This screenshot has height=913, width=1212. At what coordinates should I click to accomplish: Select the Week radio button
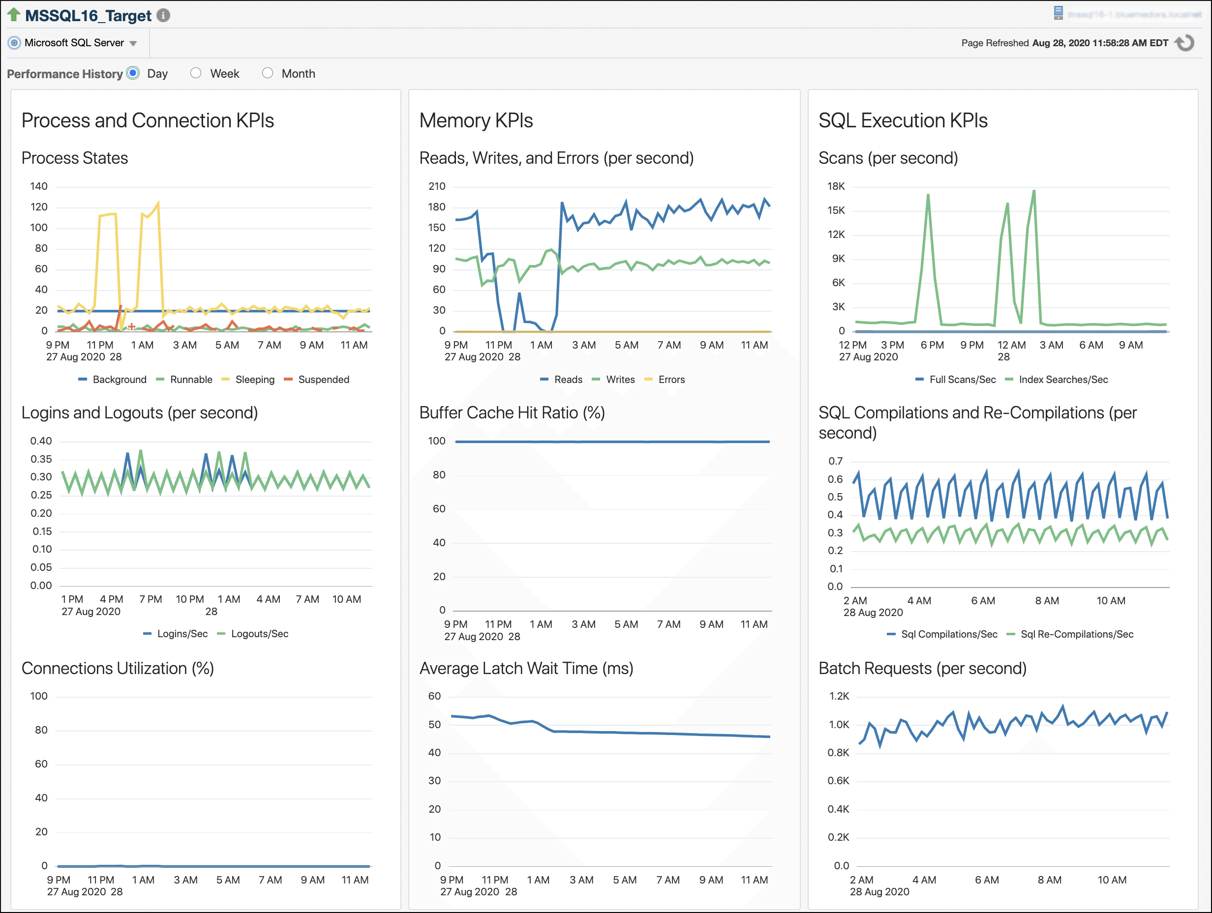click(x=196, y=73)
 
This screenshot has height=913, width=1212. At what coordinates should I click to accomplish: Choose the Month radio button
click(x=268, y=73)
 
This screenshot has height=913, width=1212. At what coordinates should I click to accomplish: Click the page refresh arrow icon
click(x=1185, y=43)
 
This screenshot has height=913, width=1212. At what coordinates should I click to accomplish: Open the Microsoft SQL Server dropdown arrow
click(x=133, y=43)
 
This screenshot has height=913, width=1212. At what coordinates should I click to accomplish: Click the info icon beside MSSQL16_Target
click(x=163, y=15)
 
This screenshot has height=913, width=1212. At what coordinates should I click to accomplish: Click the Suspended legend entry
click(x=323, y=380)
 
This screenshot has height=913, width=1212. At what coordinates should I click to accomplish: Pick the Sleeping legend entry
click(x=254, y=380)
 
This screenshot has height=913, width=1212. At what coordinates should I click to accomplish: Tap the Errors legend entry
click(x=670, y=380)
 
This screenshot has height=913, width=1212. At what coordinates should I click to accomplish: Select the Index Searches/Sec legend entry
click(x=1062, y=380)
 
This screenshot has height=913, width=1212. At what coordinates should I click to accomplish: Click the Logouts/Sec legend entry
click(x=259, y=634)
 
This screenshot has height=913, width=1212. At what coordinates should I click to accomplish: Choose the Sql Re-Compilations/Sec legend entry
click(x=1076, y=634)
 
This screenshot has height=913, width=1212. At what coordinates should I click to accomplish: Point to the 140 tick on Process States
click(x=38, y=186)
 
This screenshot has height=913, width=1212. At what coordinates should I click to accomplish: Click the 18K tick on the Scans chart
click(x=836, y=186)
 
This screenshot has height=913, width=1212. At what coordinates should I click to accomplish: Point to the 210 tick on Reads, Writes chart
click(x=437, y=186)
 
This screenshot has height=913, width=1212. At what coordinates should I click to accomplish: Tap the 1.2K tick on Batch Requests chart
click(x=839, y=696)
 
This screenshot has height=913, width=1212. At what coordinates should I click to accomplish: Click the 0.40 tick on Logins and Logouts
click(x=41, y=441)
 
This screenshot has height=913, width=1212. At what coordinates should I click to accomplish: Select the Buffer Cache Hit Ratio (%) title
click(x=512, y=413)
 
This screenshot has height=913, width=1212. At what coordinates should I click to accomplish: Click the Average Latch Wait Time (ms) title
click(x=526, y=668)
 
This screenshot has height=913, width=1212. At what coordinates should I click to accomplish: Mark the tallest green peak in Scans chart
click(x=1033, y=191)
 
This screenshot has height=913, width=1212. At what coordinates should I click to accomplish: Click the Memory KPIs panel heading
click(x=476, y=120)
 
